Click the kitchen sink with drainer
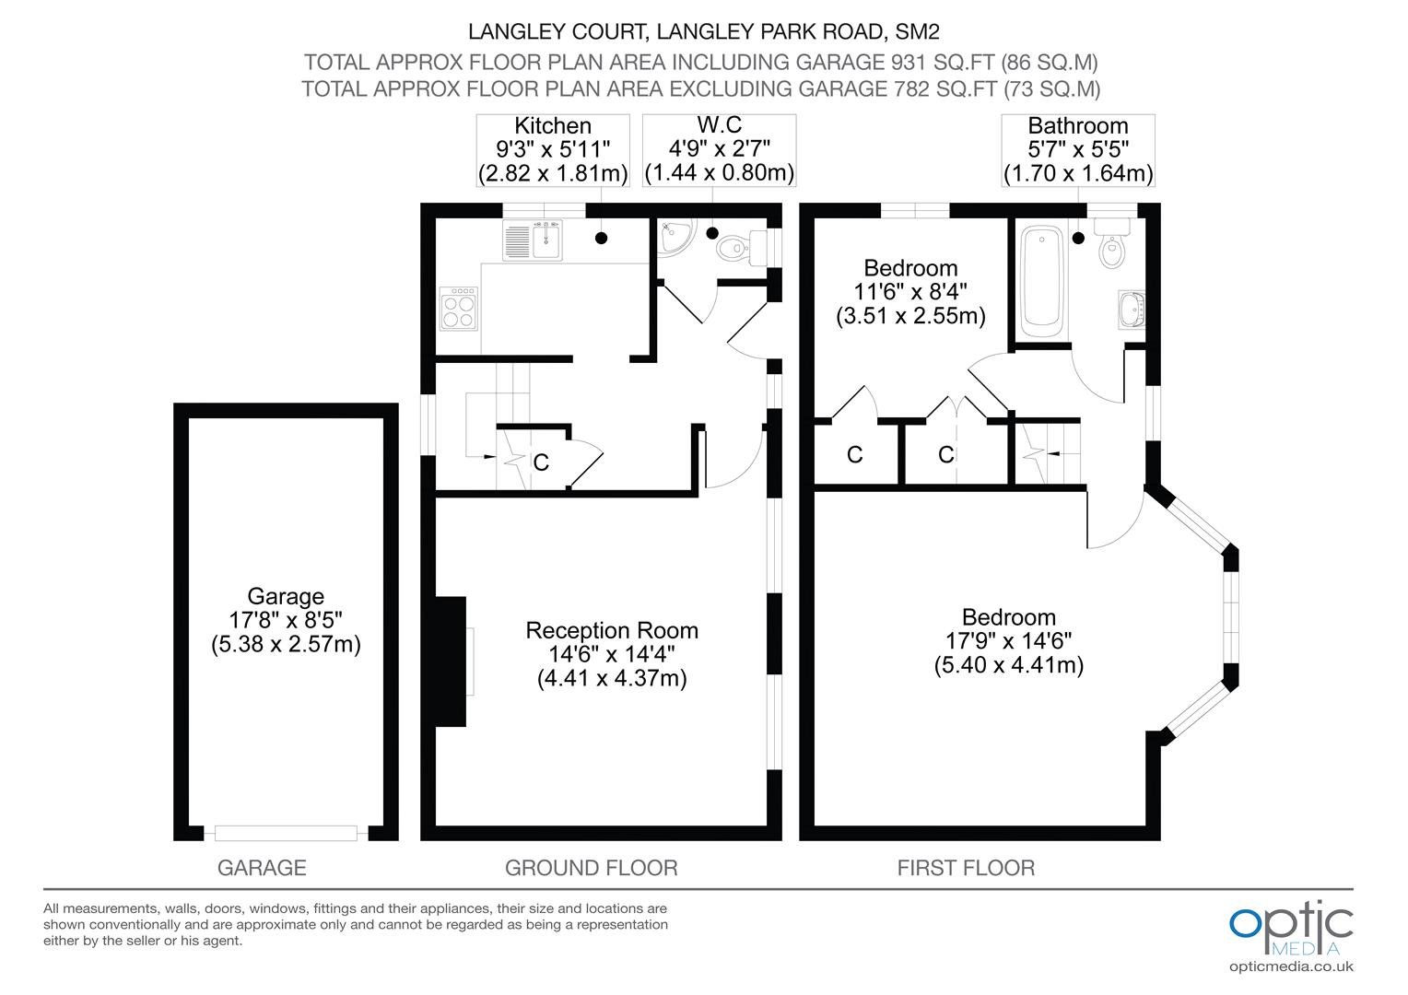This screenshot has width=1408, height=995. tap(533, 240)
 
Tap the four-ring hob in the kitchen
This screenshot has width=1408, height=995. tap(458, 309)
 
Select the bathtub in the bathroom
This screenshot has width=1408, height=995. tap(1042, 282)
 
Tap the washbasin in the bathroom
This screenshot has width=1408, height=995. tap(1132, 310)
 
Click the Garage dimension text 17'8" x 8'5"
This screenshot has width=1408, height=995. tap(286, 620)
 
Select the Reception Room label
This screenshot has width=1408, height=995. tap(612, 630)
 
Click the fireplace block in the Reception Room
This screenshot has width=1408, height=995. tap(452, 661)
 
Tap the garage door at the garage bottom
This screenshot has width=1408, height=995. tap(286, 834)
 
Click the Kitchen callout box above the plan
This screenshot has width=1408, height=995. tap(553, 150)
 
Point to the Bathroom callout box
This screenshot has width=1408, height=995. tap(1078, 150)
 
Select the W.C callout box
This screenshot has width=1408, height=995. tap(719, 150)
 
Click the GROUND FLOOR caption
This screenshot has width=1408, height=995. tap(592, 868)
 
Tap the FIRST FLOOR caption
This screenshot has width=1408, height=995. tap(966, 868)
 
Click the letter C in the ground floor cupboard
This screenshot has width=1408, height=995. tap(541, 462)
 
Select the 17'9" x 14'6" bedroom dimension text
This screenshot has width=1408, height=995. tap(1009, 640)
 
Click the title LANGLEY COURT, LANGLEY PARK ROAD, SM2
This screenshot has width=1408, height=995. tap(704, 31)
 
